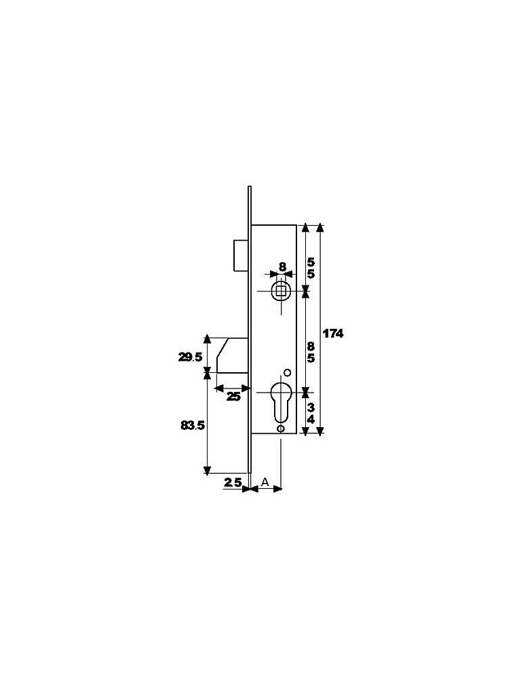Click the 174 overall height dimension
click(333, 334)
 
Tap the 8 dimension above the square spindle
click(282, 266)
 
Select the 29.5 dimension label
click(190, 357)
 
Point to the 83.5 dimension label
click(193, 426)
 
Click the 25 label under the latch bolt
click(233, 397)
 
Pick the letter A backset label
click(265, 481)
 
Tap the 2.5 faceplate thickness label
click(233, 483)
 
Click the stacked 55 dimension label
click(311, 268)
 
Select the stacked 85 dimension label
click(311, 352)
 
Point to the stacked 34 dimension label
click(311, 414)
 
